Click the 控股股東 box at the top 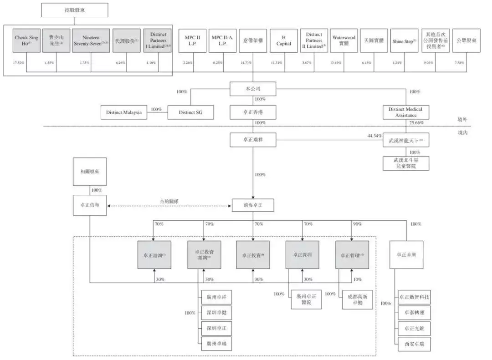pos(75,10)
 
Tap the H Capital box pos(283,41)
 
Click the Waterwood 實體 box pos(343,41)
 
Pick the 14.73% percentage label pos(253,62)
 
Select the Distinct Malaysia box pos(124,112)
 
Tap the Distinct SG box pos(190,112)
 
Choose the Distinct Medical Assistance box pos(405,112)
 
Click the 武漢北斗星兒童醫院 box pos(405,163)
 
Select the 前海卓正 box pos(253,206)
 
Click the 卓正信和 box pos(90,206)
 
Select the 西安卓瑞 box pos(414,344)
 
